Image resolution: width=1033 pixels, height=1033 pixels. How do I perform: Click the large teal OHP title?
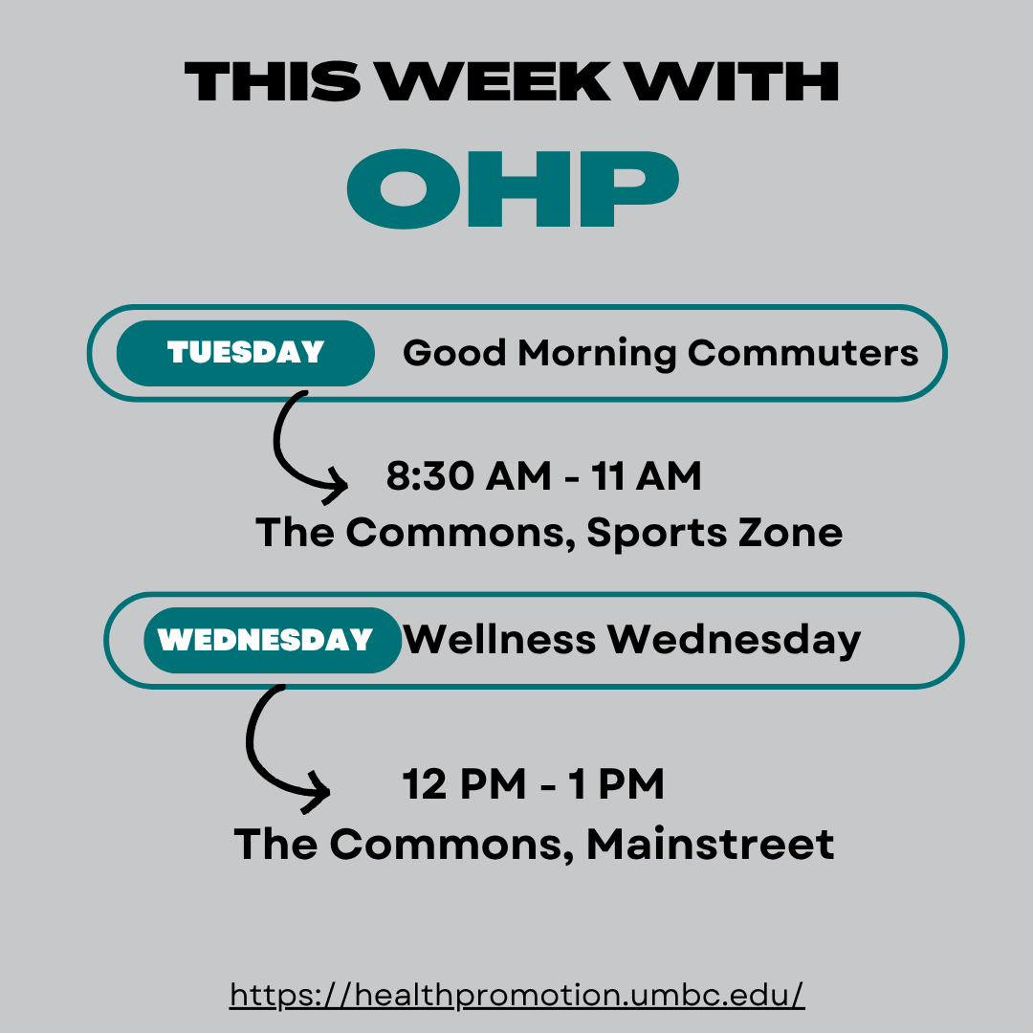(x=513, y=189)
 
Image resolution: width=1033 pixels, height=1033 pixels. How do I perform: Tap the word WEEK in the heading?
(x=495, y=81)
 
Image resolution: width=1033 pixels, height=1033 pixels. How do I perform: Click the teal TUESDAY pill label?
(x=246, y=353)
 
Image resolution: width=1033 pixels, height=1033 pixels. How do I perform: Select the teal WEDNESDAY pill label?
(x=273, y=640)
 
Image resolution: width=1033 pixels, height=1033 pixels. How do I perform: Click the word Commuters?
(x=802, y=353)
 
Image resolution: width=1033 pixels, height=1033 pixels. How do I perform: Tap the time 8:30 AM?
(x=469, y=475)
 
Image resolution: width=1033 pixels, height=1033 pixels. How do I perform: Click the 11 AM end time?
(x=646, y=475)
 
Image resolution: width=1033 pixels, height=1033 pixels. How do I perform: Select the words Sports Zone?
(x=714, y=534)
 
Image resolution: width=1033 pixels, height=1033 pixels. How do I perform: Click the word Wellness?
(x=499, y=639)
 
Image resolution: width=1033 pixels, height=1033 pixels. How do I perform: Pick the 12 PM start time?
(x=464, y=784)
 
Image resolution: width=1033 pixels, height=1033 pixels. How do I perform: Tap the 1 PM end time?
(x=616, y=784)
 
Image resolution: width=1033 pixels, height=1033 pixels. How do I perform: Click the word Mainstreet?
(x=710, y=844)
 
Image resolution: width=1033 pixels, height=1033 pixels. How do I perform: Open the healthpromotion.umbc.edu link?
(x=517, y=995)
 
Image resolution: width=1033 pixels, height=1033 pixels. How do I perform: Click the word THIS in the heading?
(x=273, y=81)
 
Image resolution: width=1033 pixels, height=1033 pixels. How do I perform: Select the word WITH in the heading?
(x=732, y=81)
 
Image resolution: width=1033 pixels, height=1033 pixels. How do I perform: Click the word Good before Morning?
(x=454, y=353)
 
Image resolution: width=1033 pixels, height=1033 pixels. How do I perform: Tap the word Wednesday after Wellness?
(x=734, y=640)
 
